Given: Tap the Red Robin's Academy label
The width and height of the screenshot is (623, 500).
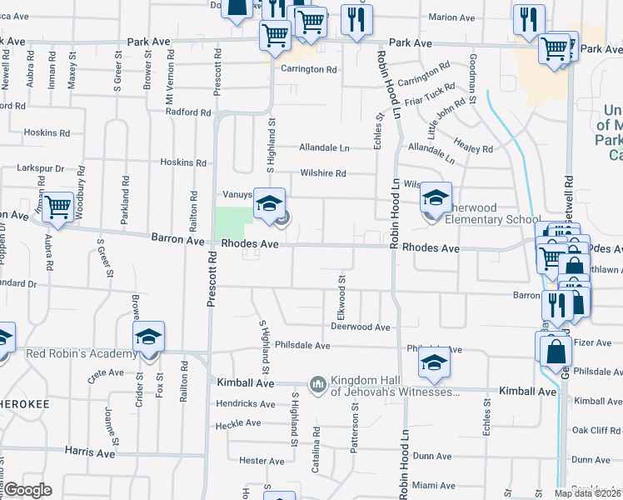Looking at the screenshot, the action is click(x=81, y=353).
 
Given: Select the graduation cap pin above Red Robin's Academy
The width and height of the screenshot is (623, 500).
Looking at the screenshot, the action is click(x=149, y=337).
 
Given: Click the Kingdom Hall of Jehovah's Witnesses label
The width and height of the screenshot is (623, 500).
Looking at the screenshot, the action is click(x=395, y=385).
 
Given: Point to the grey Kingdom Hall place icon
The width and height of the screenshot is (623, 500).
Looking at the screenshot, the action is click(x=317, y=384).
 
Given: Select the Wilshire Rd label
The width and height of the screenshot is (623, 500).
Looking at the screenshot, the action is click(x=323, y=173).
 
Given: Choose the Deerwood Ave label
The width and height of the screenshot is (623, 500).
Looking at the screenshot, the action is click(x=361, y=327).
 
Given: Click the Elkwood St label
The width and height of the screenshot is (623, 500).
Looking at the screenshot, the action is click(x=341, y=292).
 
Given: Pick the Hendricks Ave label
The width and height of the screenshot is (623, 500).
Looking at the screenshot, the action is click(x=245, y=404).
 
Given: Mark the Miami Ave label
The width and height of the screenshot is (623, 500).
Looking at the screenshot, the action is click(x=433, y=485).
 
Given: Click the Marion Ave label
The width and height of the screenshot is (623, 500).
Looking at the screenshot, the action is click(x=451, y=17).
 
